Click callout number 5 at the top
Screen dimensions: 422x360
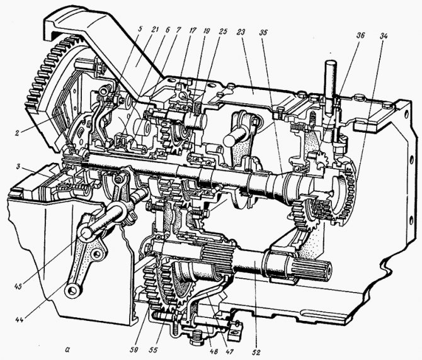(139, 29)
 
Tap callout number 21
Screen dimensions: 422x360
(154, 30)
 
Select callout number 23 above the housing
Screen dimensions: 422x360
(241, 32)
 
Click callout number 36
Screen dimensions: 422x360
(361, 35)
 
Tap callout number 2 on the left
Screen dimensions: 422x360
(17, 133)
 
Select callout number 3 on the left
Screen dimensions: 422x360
(18, 166)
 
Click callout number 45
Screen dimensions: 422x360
(18, 286)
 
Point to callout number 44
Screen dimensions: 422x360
(20, 320)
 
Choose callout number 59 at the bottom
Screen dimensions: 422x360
(134, 350)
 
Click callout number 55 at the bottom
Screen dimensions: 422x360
(153, 350)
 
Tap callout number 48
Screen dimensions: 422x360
(215, 351)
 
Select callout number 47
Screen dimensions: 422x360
(229, 351)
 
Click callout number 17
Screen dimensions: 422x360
(193, 30)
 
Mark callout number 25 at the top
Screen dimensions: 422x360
(223, 31)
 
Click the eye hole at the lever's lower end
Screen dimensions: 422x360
(71, 290)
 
